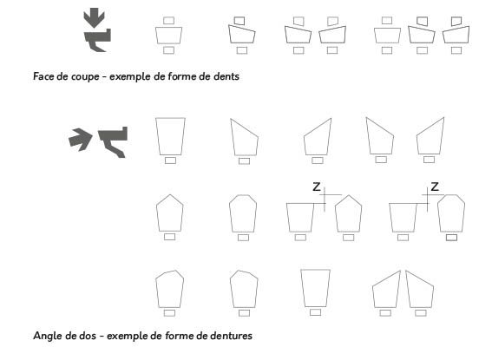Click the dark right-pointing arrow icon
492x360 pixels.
pos(80,137)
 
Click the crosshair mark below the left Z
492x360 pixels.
pos(323,200)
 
